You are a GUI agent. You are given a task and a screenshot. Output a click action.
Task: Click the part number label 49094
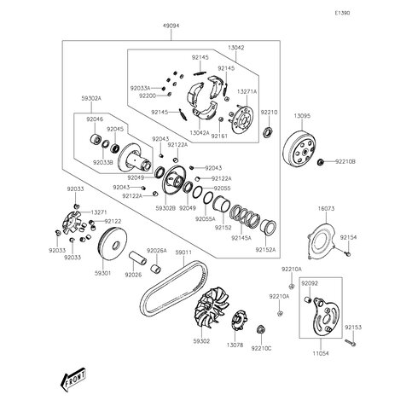pyautogui.click(x=171, y=26)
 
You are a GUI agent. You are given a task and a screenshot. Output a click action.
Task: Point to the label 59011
pyautogui.click(x=184, y=252)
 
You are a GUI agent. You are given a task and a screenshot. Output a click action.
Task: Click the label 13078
pyautogui.click(x=235, y=345)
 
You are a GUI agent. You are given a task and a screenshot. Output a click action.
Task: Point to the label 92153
pyautogui.click(x=353, y=327)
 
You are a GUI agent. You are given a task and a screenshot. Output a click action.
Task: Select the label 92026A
pyautogui.click(x=156, y=251)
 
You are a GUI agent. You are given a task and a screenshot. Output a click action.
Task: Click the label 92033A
pyautogui.click(x=140, y=88)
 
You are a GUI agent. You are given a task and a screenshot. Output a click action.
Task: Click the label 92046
pyautogui.click(x=95, y=119)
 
